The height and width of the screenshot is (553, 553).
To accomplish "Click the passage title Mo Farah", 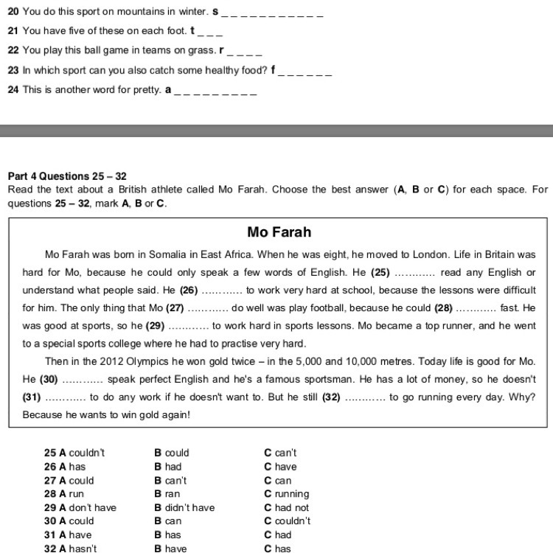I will coord(279,232).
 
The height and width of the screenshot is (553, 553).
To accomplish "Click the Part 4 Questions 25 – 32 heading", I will coord(67,176).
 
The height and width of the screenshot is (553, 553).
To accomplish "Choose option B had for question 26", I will coord(167,467).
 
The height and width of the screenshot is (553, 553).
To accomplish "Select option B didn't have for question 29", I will coord(184,507).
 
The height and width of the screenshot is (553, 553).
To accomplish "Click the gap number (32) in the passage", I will coord(331,397).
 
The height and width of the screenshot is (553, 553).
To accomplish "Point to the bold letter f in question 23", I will coord(273,71).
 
